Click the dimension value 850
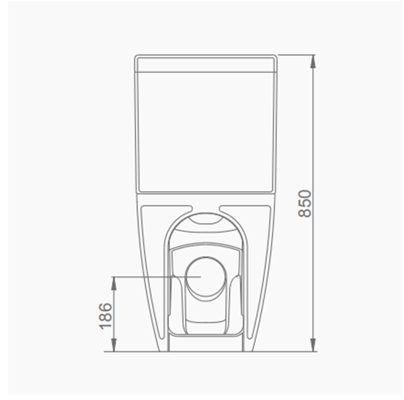point(305,204)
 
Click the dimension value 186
point(106,316)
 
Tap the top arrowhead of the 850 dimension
point(313,59)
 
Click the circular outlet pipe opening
point(206,277)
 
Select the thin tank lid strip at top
point(206,64)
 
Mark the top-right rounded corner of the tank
point(275,57)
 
